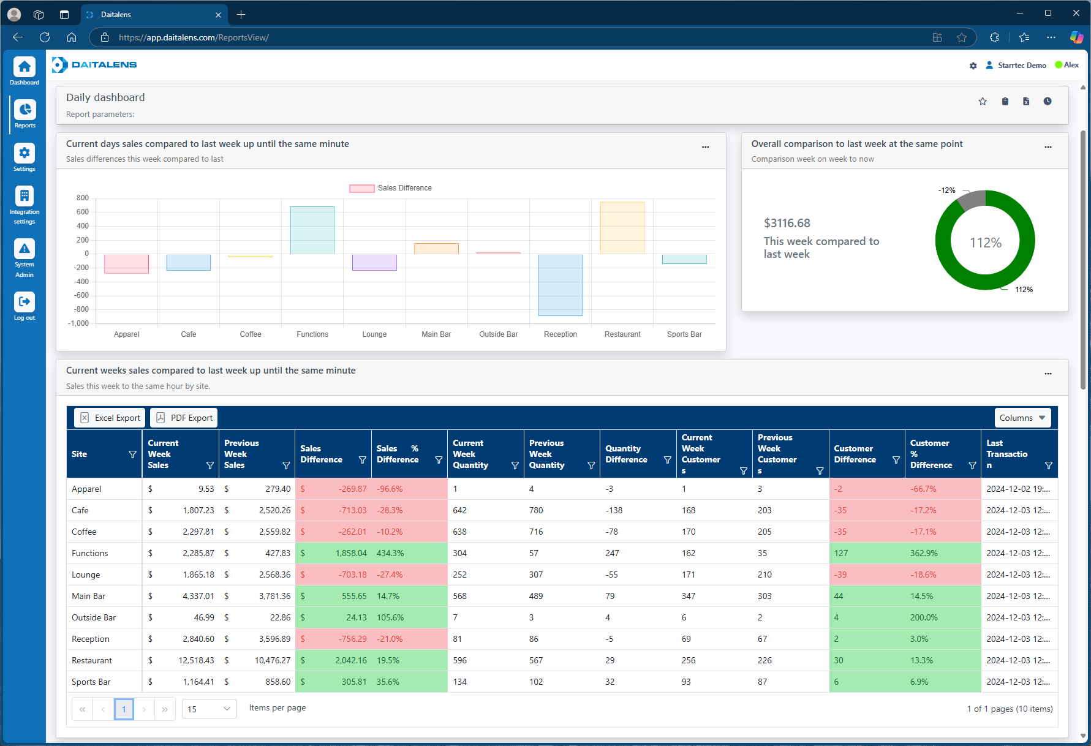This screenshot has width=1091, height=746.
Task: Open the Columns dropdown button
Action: point(1022,418)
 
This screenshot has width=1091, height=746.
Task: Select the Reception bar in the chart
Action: point(560,285)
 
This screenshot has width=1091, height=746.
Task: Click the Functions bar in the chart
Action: point(312,230)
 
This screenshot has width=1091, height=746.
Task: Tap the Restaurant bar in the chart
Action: point(622,228)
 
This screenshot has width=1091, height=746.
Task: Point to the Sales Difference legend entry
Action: point(391,188)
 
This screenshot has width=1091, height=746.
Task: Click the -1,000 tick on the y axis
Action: point(78,323)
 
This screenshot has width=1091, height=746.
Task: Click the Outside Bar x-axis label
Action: point(498,334)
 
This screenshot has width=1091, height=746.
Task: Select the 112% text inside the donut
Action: point(985,243)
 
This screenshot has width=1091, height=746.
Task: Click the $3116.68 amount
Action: point(787,224)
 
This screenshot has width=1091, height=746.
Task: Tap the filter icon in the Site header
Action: point(132,454)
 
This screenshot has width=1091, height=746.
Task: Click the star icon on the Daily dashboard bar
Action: point(983,102)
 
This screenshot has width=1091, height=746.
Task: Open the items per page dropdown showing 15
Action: point(209,709)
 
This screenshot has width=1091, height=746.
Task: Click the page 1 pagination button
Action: point(124,709)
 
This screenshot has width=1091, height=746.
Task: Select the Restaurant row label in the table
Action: point(92,660)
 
